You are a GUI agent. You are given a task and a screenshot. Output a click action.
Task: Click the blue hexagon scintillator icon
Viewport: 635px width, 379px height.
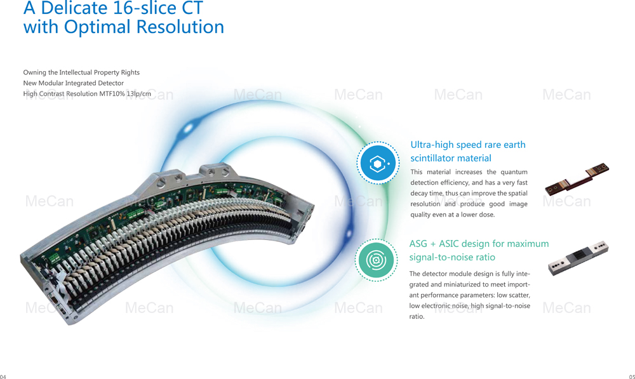pyautogui.click(x=378, y=163)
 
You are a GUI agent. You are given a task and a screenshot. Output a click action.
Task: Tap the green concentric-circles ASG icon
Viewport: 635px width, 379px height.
pyautogui.click(x=376, y=260)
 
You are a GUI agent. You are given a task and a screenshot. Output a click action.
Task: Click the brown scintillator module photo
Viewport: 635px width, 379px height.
pyautogui.click(x=577, y=179)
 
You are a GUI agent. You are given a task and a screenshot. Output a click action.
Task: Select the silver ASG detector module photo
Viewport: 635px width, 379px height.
pyautogui.click(x=578, y=258)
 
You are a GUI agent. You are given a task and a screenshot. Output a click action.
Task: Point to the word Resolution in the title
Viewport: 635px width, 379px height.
pyautogui.click(x=180, y=27)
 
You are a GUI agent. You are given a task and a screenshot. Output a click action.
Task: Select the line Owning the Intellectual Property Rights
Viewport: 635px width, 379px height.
pyautogui.click(x=81, y=72)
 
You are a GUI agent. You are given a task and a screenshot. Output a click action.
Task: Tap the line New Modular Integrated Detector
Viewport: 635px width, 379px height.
pyautogui.click(x=73, y=83)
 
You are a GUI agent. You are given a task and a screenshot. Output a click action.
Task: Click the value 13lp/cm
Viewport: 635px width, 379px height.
pyautogui.click(x=138, y=94)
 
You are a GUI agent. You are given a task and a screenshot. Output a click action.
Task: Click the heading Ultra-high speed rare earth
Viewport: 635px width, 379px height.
pyautogui.click(x=468, y=145)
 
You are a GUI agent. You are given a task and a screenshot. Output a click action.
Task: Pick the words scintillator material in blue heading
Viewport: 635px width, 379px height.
pyautogui.click(x=451, y=158)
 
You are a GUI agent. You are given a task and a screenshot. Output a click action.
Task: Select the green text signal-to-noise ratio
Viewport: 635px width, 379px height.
pyautogui.click(x=452, y=257)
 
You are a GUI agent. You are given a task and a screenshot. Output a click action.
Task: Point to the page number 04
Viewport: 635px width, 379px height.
pyautogui.click(x=3, y=376)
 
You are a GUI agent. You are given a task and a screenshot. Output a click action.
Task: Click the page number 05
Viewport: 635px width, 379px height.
pyautogui.click(x=632, y=376)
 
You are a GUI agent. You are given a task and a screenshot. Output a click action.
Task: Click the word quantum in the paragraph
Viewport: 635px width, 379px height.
pyautogui.click(x=514, y=172)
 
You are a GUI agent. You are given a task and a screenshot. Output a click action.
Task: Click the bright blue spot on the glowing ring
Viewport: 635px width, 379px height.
pyautogui.click(x=189, y=128)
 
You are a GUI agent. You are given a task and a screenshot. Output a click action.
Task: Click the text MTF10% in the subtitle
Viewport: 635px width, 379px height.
pyautogui.click(x=112, y=94)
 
